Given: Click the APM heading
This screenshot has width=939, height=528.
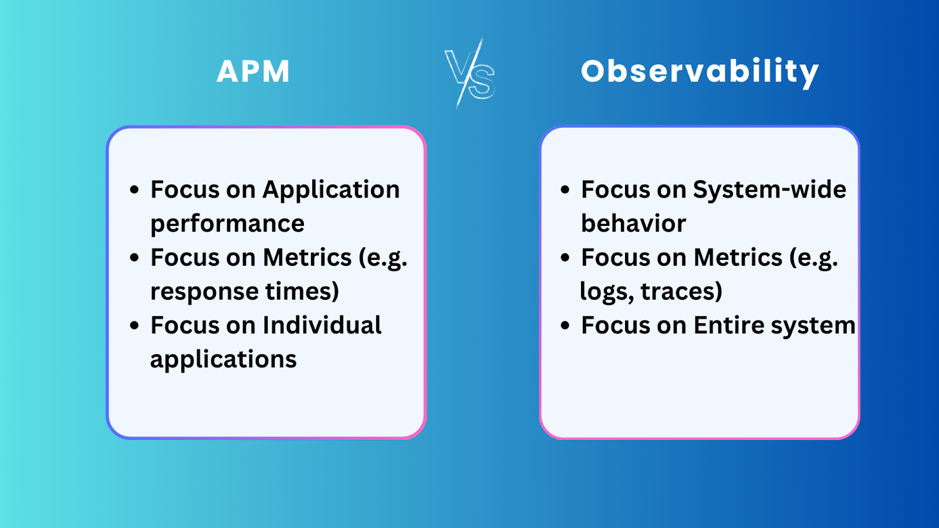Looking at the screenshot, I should tap(253, 72).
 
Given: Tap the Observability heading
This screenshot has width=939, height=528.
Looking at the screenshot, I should tap(700, 72).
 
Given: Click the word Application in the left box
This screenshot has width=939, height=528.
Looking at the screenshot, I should tap(331, 190).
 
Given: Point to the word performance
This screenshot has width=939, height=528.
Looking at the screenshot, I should tap(227, 224).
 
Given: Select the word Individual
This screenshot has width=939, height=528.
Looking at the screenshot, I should tap(322, 326).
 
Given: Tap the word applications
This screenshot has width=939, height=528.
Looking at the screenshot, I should tap(223, 360).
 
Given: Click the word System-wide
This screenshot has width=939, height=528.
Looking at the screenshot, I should tap(769, 190).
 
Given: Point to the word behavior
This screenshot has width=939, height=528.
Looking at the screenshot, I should tap(633, 224).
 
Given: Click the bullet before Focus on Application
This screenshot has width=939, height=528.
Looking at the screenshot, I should tap(134, 190).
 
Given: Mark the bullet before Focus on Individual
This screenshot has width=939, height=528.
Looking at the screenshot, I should tap(134, 326).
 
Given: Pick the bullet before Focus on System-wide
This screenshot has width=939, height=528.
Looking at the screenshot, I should tap(565, 190).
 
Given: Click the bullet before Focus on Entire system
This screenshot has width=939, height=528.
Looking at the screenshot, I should tap(565, 326).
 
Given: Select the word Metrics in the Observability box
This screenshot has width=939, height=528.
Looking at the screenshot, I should tap(738, 258).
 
